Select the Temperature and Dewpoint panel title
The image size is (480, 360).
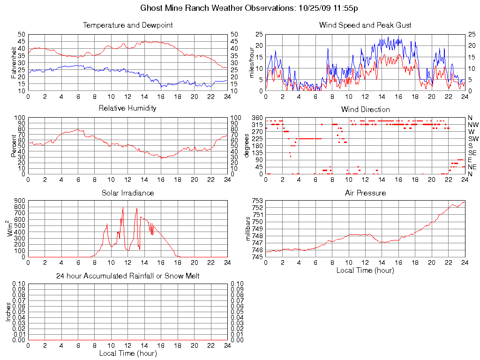coord(127,25)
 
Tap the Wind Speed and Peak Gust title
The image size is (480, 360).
coord(365,25)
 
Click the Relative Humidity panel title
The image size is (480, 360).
coord(127,108)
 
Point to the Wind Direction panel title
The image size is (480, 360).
coord(365,110)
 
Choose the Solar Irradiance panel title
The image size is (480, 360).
coord(127,193)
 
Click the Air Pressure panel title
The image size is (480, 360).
coord(365,193)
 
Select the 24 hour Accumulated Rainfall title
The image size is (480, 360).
coord(127,276)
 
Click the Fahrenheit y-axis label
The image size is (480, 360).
coord(14,62)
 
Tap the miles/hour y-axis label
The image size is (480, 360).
coord(251,62)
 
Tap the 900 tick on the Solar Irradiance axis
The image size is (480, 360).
coord(21,201)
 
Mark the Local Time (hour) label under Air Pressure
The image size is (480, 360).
coord(365,270)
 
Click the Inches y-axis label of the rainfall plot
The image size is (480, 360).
coord(8,312)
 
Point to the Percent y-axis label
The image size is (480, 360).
coord(14,145)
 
